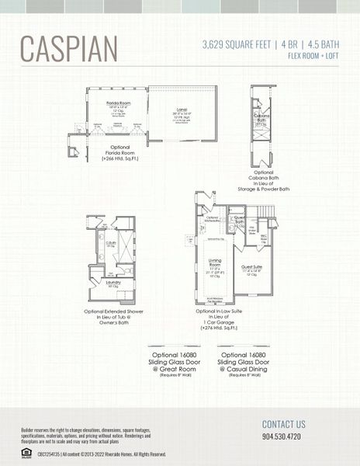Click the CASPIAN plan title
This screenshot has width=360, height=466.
69,48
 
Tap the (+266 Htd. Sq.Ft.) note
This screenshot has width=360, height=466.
119,158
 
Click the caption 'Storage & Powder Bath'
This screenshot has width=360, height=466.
263,189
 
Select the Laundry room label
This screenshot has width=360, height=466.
112,283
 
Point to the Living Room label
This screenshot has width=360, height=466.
216,262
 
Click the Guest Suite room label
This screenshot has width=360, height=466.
251,266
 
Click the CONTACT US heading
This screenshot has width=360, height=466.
283,424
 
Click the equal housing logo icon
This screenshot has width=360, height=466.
26,453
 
